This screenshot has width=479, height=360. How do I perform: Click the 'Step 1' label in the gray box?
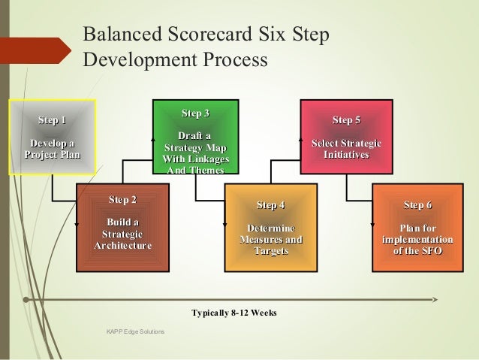pyautogui.click(x=52, y=120)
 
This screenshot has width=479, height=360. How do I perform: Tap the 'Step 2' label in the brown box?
pyautogui.click(x=122, y=200)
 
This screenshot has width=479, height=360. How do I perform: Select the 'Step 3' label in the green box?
pyautogui.click(x=195, y=113)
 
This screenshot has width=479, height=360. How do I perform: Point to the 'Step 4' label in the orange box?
pyautogui.click(x=270, y=205)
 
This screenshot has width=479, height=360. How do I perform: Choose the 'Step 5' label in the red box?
pyautogui.click(x=346, y=120)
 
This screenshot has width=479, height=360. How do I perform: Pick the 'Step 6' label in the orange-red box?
pyautogui.click(x=417, y=205)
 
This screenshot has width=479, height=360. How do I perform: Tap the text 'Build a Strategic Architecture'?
pyautogui.click(x=122, y=234)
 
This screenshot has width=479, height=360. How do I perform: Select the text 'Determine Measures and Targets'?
pyautogui.click(x=270, y=239)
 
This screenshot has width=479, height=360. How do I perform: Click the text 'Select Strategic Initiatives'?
pyautogui.click(x=346, y=149)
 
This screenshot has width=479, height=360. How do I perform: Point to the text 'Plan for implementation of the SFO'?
pyautogui.click(x=417, y=239)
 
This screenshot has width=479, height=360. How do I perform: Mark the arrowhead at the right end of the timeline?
pyautogui.click(x=435, y=299)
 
